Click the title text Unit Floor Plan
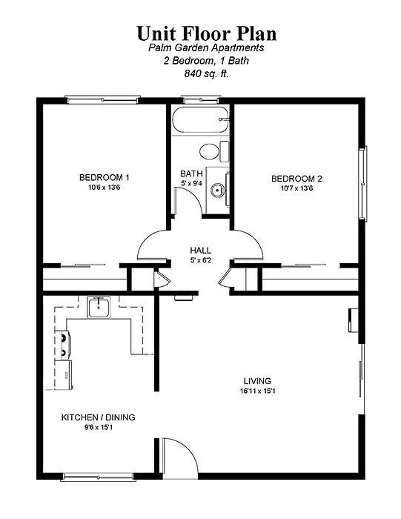tap(207, 33)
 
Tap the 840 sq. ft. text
tap(207, 73)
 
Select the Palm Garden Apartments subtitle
tap(206, 47)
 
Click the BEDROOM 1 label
tap(105, 177)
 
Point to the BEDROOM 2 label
tap(296, 179)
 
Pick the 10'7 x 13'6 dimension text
tap(296, 188)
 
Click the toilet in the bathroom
tap(214, 151)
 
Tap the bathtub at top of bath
tap(200, 119)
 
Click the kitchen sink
tap(99, 307)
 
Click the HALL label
tap(200, 251)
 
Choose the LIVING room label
tap(257, 381)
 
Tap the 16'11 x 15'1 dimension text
tap(258, 391)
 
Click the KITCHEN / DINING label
tap(99, 417)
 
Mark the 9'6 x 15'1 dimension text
tap(99, 427)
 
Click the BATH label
tap(191, 173)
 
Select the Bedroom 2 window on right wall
tap(363, 183)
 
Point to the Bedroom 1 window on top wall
tap(102, 99)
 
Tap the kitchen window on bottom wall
tap(99, 477)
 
